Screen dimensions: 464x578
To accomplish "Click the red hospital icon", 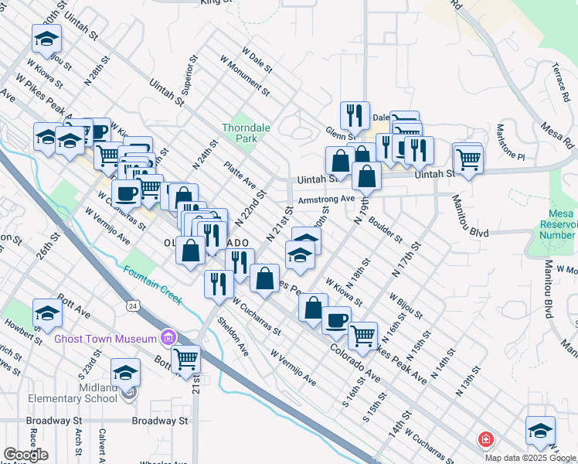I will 485,439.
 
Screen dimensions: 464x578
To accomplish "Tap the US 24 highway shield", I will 132,307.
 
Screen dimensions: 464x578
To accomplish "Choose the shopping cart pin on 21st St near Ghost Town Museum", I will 186,358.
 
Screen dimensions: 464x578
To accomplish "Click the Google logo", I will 25,455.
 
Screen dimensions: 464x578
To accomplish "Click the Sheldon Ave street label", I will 233,337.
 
